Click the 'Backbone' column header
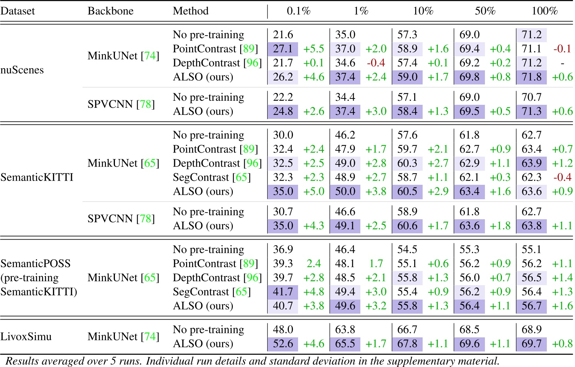coord(110,11)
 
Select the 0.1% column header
coord(298,11)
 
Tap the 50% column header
coord(485,11)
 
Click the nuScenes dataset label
coord(22,70)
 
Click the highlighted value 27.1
coord(283,49)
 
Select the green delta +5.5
coord(314,49)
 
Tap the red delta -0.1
coord(562,49)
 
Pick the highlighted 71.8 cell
coord(531,77)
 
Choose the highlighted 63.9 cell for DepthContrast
coord(531,163)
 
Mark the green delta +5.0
coord(314,191)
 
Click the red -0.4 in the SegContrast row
coord(562,177)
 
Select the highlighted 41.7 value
coord(283,292)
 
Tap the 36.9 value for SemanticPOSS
coord(283,250)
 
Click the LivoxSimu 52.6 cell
coord(283,344)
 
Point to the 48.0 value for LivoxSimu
coord(283,330)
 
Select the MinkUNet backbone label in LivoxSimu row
coord(123,337)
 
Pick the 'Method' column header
coord(191,11)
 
